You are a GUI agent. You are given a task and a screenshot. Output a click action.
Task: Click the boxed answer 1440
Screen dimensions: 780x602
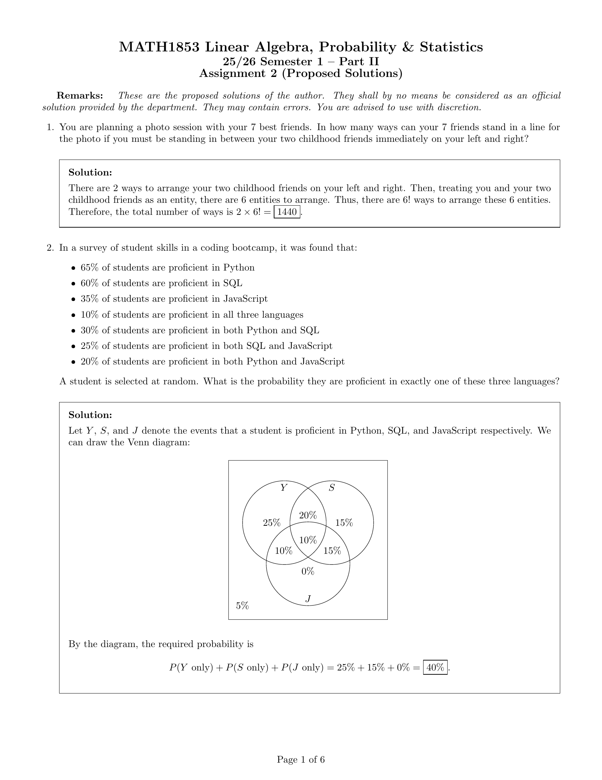point(287,212)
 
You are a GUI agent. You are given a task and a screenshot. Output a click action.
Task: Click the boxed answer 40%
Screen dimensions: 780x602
point(435,667)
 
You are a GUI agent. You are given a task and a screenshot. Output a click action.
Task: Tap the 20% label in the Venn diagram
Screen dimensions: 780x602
point(308,516)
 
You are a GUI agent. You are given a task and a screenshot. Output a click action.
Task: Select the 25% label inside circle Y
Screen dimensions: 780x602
point(272,523)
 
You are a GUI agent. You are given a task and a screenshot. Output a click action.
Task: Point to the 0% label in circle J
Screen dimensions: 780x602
point(308,572)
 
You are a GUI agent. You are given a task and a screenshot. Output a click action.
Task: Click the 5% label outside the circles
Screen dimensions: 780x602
point(242,606)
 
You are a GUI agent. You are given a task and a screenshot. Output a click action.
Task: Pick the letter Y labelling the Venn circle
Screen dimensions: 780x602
point(284,487)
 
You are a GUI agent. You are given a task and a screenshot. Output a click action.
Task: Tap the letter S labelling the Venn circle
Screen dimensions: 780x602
point(332,487)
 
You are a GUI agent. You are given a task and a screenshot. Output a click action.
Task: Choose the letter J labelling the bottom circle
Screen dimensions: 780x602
point(308,598)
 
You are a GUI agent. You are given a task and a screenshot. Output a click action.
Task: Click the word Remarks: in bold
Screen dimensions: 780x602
point(80,96)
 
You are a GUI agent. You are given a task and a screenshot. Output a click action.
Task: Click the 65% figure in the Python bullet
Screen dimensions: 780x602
point(89,267)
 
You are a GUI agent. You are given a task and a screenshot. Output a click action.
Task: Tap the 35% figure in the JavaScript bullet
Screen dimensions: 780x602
point(89,299)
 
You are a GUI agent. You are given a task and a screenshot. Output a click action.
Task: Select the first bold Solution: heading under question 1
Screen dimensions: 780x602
point(90,173)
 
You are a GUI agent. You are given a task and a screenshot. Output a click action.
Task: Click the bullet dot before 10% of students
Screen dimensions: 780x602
point(73,315)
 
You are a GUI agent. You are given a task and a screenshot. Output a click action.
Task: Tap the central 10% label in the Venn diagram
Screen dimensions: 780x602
point(308,540)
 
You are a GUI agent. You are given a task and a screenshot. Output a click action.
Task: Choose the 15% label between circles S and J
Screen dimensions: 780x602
point(332,551)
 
